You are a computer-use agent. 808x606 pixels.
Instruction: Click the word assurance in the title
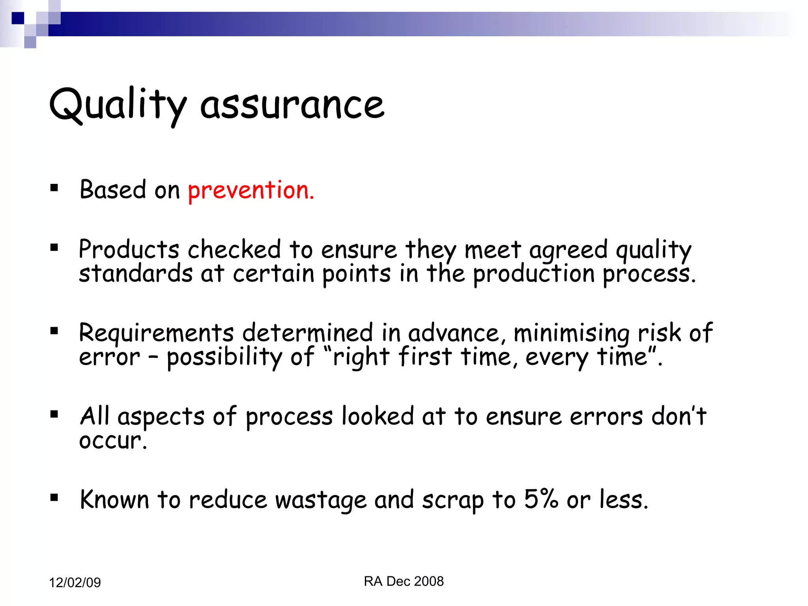292,105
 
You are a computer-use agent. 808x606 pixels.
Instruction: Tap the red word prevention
251,190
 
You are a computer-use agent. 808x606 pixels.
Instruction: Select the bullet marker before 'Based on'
54,188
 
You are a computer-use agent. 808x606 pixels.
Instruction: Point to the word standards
136,273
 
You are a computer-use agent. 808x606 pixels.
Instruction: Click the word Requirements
156,333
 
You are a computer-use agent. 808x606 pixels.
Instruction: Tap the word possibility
224,357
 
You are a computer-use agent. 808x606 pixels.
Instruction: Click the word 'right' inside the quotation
361,357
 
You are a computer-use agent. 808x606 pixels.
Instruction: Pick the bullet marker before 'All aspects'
54,414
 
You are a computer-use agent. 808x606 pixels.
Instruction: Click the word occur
112,441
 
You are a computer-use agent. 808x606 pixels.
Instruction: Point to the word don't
678,416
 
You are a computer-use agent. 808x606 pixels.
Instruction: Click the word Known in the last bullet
114,499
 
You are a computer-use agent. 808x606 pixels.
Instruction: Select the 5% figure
541,499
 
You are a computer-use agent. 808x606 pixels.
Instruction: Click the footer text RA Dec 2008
404,582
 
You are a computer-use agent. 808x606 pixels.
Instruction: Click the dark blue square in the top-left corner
18,18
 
